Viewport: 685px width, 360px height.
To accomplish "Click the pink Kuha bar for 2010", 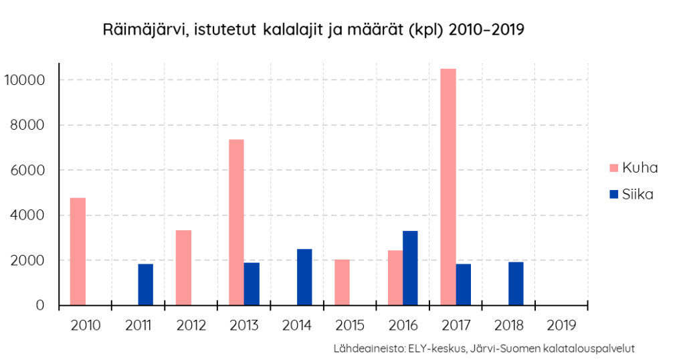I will point(78,252).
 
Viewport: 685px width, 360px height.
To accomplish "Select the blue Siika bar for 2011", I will point(145,284).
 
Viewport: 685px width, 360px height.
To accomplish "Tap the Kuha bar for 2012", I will point(183,268).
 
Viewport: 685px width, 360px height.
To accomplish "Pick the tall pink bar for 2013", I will point(236,222).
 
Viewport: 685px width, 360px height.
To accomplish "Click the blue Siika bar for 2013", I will point(252,284).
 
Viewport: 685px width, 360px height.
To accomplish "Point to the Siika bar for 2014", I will point(304,277).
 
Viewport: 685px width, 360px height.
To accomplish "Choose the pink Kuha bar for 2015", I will point(342,282).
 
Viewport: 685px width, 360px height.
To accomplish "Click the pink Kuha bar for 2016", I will point(395,278).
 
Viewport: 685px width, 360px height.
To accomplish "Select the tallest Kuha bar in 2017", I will point(448,187).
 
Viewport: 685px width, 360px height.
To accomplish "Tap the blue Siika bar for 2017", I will point(464,284).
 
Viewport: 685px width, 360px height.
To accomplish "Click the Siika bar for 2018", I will point(516,283).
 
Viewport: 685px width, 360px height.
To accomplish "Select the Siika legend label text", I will point(638,195).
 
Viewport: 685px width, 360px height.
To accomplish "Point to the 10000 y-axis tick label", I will point(24,80).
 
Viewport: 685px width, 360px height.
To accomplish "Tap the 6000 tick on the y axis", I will point(27,170).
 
